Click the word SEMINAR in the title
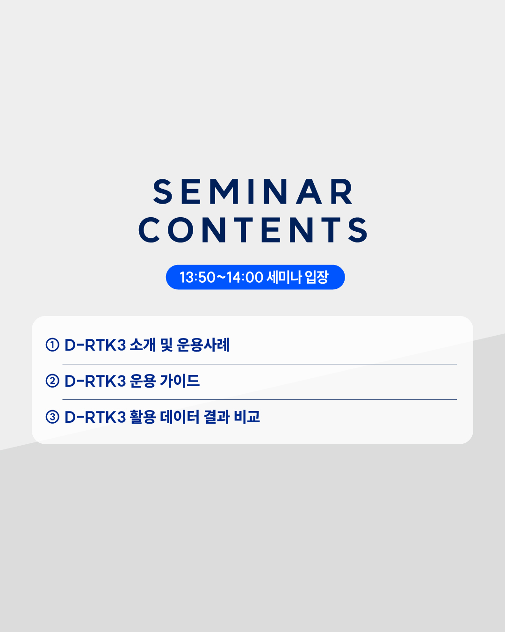point(252,191)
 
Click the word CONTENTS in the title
point(252,230)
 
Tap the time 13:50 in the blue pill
point(197,277)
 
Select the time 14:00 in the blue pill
point(245,277)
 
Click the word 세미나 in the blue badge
point(284,277)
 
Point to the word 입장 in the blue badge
point(317,277)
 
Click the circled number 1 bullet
point(52,345)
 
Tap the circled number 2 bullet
point(52,381)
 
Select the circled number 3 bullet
point(52,417)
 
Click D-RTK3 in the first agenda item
point(95,345)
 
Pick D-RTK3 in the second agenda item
point(95,381)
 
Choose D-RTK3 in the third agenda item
point(95,417)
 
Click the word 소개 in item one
point(143,345)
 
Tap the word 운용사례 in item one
point(203,345)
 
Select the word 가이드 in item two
point(180,381)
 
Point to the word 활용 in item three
point(143,417)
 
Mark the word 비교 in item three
point(247,417)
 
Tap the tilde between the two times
point(221,277)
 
